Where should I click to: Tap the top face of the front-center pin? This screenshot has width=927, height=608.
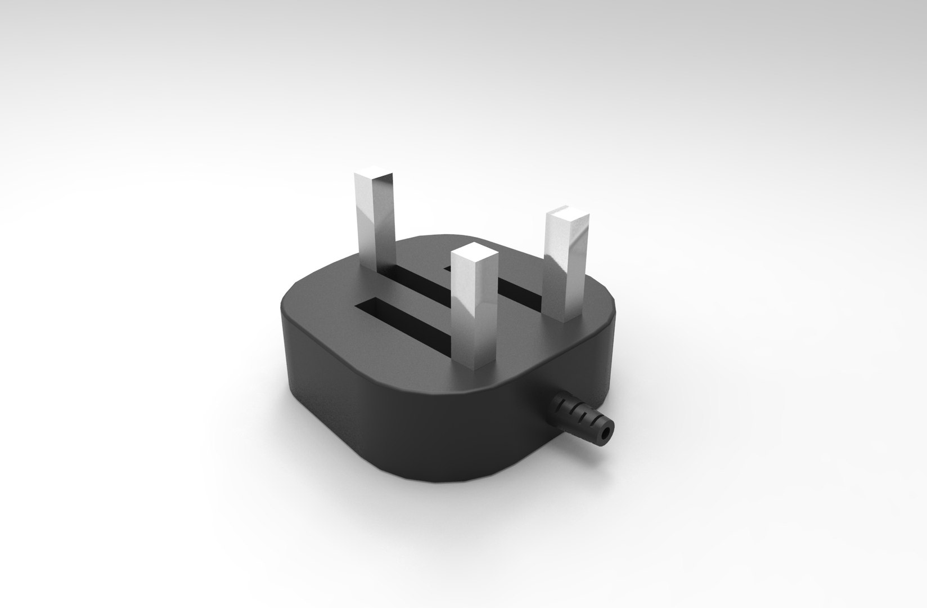[475, 252]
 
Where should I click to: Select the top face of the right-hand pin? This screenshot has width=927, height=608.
[569, 215]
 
